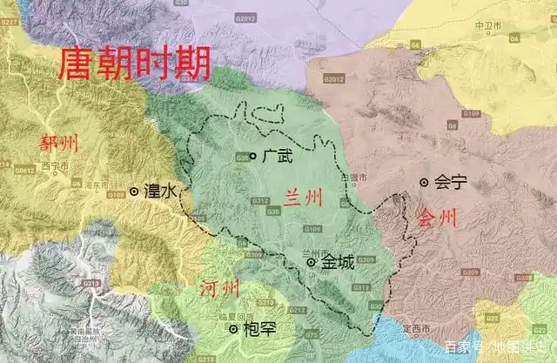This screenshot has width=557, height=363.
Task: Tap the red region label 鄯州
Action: tap(58, 142)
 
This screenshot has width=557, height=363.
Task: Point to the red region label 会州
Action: tap(436, 218)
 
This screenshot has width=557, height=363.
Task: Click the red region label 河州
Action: tap(219, 289)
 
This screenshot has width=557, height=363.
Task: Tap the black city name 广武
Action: tap(278, 157)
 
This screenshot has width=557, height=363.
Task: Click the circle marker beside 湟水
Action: tap(133, 191)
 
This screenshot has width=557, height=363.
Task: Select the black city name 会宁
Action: tap(451, 183)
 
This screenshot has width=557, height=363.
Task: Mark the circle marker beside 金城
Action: tap(312, 261)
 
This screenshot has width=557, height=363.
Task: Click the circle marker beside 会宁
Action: tap(424, 183)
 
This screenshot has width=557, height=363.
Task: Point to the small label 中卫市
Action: tap(488, 27)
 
